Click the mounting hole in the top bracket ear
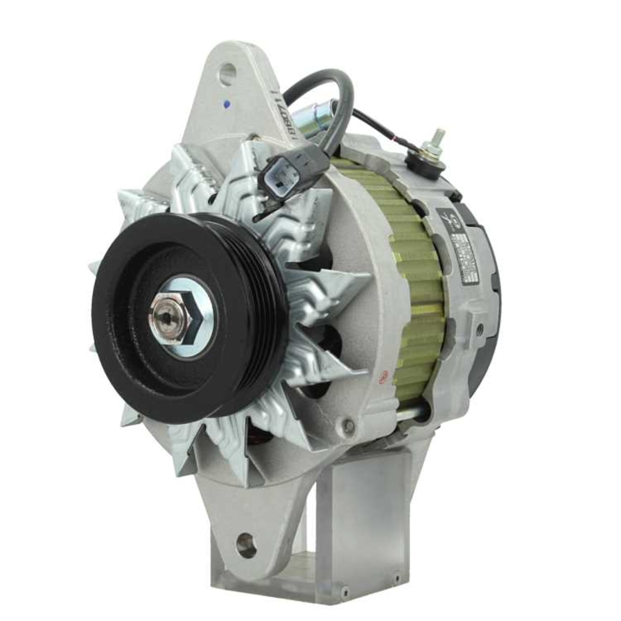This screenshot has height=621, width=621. coord(227,75)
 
